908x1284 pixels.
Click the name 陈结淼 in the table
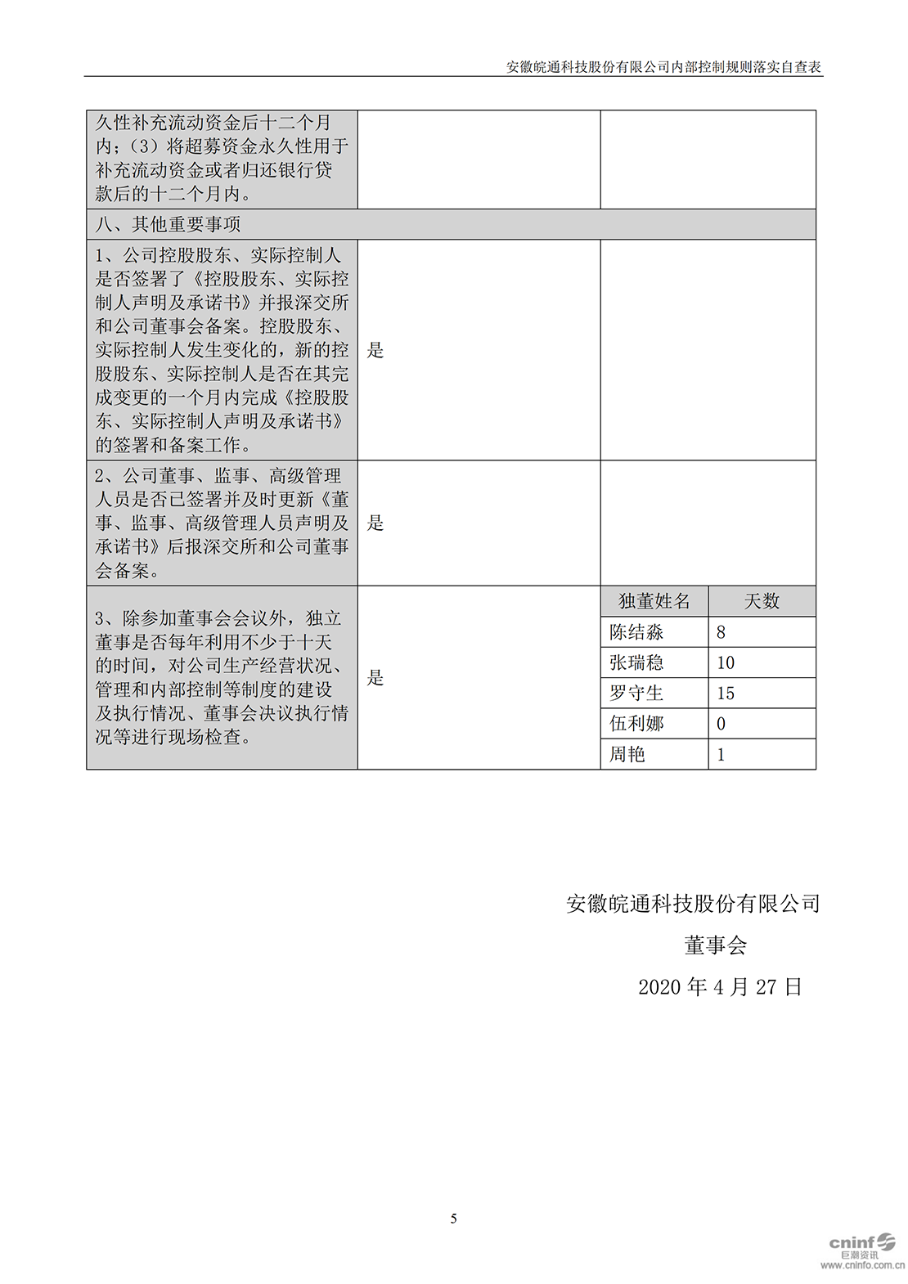[x=636, y=632]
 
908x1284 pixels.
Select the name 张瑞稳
[x=636, y=662]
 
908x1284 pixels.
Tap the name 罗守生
[x=636, y=694]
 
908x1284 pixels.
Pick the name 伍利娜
[x=636, y=724]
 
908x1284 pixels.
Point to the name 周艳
[x=627, y=754]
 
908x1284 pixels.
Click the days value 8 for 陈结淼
[x=721, y=632]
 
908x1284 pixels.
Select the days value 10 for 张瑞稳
[x=726, y=662]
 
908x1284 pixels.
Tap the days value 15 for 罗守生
[x=726, y=694]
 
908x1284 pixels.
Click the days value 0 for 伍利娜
[x=721, y=724]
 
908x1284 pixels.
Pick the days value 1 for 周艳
[x=721, y=754]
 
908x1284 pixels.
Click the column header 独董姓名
[x=654, y=601]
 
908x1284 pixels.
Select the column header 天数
[x=762, y=601]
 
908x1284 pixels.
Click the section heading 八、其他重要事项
[x=168, y=224]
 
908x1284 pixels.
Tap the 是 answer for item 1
[x=375, y=350]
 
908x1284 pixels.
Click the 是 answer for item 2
[x=375, y=523]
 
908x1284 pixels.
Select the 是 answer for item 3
[x=375, y=677]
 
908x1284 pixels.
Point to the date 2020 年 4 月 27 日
[x=720, y=987]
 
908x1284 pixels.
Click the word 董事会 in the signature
[x=716, y=945]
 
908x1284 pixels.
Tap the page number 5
[x=454, y=1219]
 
